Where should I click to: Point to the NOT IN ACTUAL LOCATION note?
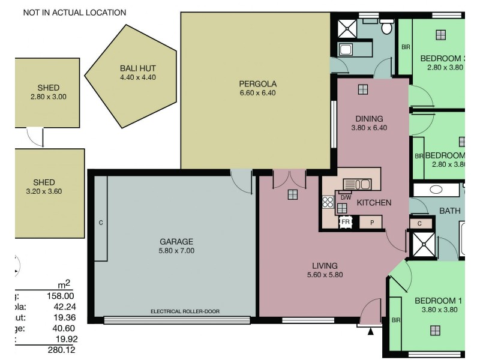pos(74,12)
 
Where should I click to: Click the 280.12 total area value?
pos(59,350)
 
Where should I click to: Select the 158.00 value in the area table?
pos(59,295)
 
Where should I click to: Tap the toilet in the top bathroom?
pos(387,26)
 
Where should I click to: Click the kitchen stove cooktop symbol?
pos(328,203)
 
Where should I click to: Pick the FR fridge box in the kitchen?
pos(346,222)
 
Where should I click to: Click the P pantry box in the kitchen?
pos(372,222)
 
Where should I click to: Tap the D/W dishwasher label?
pos(346,196)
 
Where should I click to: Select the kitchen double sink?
pos(358,184)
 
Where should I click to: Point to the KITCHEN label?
pos(374,203)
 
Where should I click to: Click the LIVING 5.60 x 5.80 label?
pos(325,270)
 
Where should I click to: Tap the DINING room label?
pos(368,119)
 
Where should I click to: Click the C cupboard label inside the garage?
pos(101,223)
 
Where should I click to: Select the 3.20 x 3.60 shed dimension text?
pos(44,192)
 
